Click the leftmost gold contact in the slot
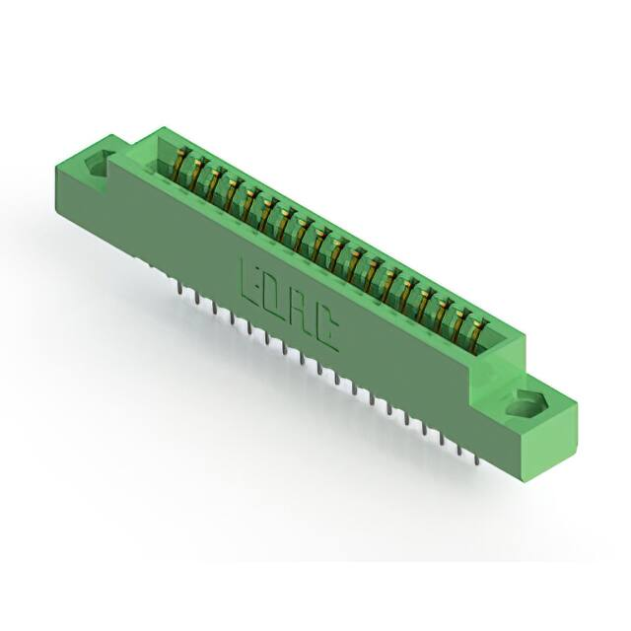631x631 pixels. coord(180,165)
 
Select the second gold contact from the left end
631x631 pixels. coord(195,174)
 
